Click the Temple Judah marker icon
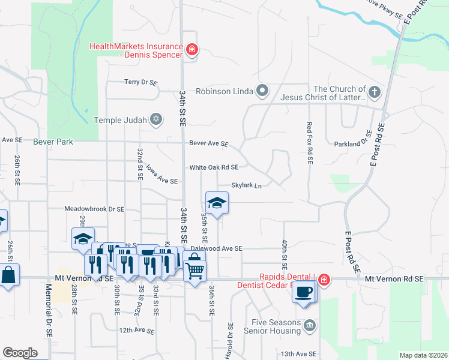pyautogui.click(x=156, y=119)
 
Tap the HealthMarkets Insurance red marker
pyautogui.click(x=191, y=50)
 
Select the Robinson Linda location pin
pyautogui.click(x=262, y=91)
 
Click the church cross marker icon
pyautogui.click(x=375, y=92)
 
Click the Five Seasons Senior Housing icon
pyautogui.click(x=309, y=325)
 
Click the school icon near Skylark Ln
pyautogui.click(x=217, y=203)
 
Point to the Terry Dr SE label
pyautogui.click(x=140, y=82)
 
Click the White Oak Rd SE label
pyautogui.click(x=214, y=167)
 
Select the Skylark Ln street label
pyautogui.click(x=247, y=186)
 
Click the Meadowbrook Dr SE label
pyautogui.click(x=95, y=209)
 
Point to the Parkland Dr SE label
pyautogui.click(x=354, y=144)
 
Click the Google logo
pyautogui.click(x=20, y=353)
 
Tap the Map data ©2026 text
pyautogui.click(x=423, y=355)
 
